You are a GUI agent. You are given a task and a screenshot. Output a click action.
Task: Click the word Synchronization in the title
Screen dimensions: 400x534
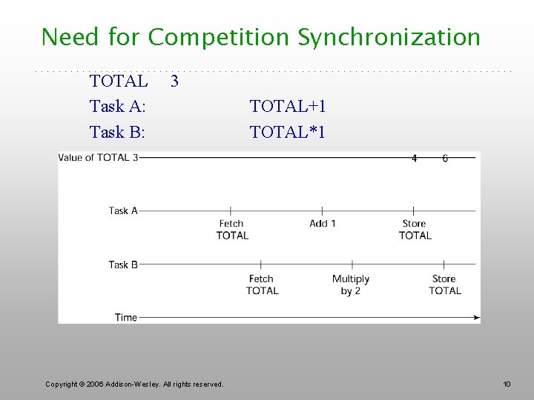pos(389,37)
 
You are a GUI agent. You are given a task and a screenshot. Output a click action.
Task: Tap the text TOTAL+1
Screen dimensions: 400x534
pos(288,107)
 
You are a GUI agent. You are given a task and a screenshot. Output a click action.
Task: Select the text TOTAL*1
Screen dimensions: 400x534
pos(287,133)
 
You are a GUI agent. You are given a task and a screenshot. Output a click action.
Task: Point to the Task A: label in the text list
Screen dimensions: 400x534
pos(117,107)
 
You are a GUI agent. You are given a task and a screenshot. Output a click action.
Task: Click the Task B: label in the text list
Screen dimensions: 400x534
pos(117,133)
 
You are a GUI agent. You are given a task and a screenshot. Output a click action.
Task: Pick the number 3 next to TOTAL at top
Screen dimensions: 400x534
pos(174,80)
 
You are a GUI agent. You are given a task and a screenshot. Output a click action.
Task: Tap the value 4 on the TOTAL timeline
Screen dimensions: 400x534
pos(414,159)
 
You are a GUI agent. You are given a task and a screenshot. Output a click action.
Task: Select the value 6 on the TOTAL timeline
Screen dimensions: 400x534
pos(445,159)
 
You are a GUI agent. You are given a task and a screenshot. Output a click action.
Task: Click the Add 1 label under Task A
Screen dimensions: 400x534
pos(323,224)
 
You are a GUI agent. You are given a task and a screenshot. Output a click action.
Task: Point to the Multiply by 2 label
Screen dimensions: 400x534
pos(351,285)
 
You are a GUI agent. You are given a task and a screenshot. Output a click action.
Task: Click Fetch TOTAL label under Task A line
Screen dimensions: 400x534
pos(232,230)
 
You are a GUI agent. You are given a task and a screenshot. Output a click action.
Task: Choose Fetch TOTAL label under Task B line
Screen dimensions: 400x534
pos(262,285)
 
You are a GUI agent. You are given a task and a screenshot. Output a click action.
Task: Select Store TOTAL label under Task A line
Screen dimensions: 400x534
pos(415,230)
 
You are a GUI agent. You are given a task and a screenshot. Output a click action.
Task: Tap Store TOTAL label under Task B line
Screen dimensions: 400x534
pos(444,285)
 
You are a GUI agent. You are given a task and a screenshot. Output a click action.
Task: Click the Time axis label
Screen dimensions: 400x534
pos(126,318)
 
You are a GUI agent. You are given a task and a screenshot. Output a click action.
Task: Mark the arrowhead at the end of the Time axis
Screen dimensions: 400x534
pos(476,318)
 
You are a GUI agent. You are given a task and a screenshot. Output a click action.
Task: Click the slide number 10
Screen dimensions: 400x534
pos(507,384)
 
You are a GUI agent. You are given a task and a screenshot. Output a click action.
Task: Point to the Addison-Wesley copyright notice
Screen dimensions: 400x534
pos(134,384)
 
